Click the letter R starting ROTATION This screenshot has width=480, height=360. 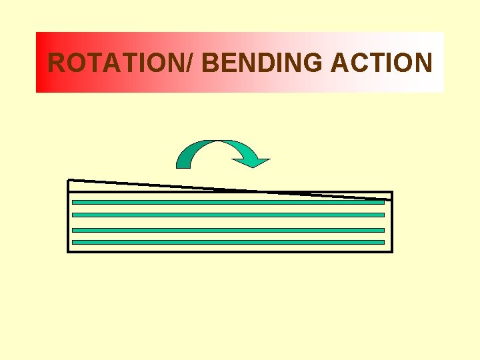(58, 63)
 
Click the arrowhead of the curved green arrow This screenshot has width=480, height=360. (253, 160)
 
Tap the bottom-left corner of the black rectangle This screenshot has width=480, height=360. (68, 252)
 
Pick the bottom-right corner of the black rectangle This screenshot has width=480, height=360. (392, 252)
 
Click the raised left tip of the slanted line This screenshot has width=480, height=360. (69, 180)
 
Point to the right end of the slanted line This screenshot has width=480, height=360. (391, 200)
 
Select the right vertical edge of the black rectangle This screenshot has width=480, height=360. (392, 223)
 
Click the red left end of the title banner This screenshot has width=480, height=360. (41, 62)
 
